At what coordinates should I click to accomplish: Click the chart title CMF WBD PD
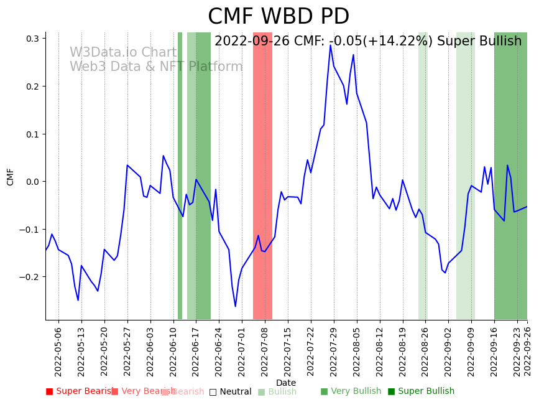coord(278,17)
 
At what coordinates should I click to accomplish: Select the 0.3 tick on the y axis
coord(32,39)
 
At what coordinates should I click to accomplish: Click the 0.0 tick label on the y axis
coord(32,182)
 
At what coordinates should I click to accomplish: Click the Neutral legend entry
coord(230,392)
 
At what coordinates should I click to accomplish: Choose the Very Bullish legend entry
coord(351,391)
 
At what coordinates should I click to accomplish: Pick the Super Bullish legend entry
coord(421,391)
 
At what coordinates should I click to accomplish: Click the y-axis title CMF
coord(11,177)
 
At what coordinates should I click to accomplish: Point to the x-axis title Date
coord(286,383)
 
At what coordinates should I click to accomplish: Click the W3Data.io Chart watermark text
coord(123,53)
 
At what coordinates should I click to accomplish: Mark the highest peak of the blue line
coord(331,45)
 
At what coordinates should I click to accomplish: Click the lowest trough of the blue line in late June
coord(236,306)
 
